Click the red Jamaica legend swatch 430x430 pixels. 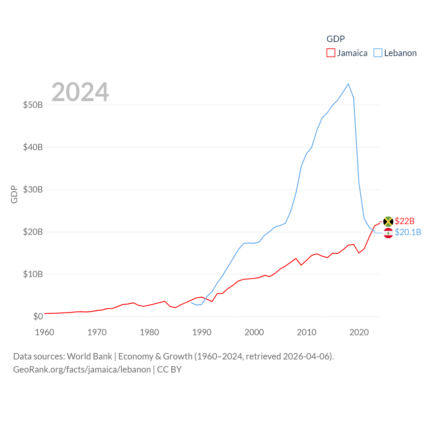coord(331,53)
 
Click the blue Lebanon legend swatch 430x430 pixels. coord(378,53)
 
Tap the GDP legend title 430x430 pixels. coord(336,39)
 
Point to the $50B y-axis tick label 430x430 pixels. coord(33,105)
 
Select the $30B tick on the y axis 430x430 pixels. coord(33,189)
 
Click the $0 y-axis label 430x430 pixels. coord(38,316)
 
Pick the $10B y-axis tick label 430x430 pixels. coord(33,274)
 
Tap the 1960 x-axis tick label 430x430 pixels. coord(44,332)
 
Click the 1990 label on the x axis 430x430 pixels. coord(202,332)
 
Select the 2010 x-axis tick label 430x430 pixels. coord(307,332)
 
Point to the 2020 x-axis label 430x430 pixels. coord(359,332)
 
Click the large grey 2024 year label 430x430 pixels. coord(80,92)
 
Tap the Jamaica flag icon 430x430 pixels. coord(388,221)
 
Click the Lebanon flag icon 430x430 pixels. coord(388,233)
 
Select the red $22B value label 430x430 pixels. coord(404,221)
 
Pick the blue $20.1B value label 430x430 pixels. coord(408,232)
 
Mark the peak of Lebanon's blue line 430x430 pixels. coord(348,84)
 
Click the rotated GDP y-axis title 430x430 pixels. coord(14,194)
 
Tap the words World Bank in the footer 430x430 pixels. coord(89,356)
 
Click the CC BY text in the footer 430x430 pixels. coord(169,370)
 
